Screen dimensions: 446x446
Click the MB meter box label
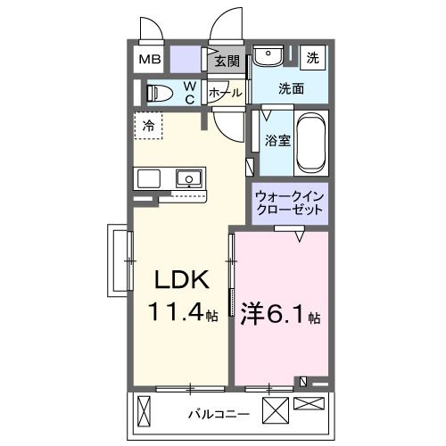point(148,60)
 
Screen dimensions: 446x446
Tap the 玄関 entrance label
point(227,62)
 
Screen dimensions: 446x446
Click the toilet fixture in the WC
point(159,92)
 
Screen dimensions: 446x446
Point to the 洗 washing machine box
point(313,57)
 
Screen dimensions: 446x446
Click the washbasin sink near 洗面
point(266,57)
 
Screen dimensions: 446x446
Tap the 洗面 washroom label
point(291,89)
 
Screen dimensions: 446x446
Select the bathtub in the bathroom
point(310,142)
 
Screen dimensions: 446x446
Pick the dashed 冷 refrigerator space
point(148,126)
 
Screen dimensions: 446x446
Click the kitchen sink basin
point(189,178)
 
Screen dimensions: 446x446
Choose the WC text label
point(190,92)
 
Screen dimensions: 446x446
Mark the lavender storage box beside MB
point(187,60)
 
